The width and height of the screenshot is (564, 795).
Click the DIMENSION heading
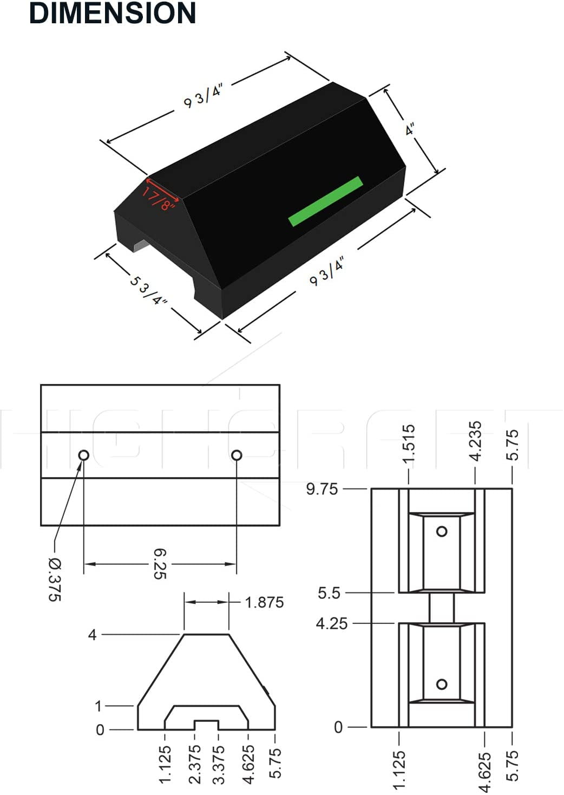click(112, 13)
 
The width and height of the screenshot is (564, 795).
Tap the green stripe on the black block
click(325, 201)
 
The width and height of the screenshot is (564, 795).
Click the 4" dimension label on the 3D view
click(411, 130)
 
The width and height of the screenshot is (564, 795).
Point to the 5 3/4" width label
click(148, 290)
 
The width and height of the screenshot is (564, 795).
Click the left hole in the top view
click(83, 455)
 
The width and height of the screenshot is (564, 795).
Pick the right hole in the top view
click(237, 455)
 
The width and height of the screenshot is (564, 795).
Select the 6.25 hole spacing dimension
click(160, 564)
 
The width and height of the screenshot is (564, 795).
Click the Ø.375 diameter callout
click(55, 579)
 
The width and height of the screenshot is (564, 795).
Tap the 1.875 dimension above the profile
click(264, 602)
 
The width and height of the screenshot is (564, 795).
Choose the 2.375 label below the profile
click(195, 764)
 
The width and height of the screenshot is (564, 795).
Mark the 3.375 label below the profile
click(219, 764)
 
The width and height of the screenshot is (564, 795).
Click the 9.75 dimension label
click(322, 489)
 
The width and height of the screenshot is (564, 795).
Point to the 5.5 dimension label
click(329, 593)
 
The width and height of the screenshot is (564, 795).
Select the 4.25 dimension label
click(331, 623)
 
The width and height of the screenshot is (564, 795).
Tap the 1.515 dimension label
click(409, 444)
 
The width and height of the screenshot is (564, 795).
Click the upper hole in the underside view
click(442, 531)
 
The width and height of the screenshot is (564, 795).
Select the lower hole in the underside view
click(442, 684)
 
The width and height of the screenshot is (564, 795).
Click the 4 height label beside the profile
click(93, 634)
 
